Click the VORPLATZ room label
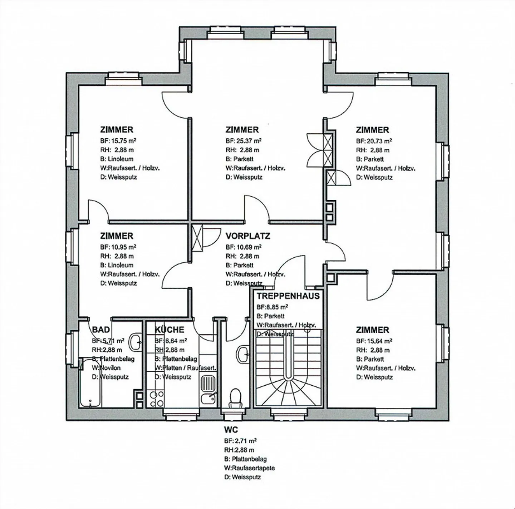(x=247, y=236)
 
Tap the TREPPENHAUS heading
(x=288, y=296)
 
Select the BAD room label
(x=101, y=329)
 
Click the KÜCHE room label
(x=169, y=330)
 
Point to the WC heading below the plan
(x=231, y=429)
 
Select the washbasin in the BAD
(x=136, y=342)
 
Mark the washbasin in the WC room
(x=243, y=354)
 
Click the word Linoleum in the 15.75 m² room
(x=121, y=159)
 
